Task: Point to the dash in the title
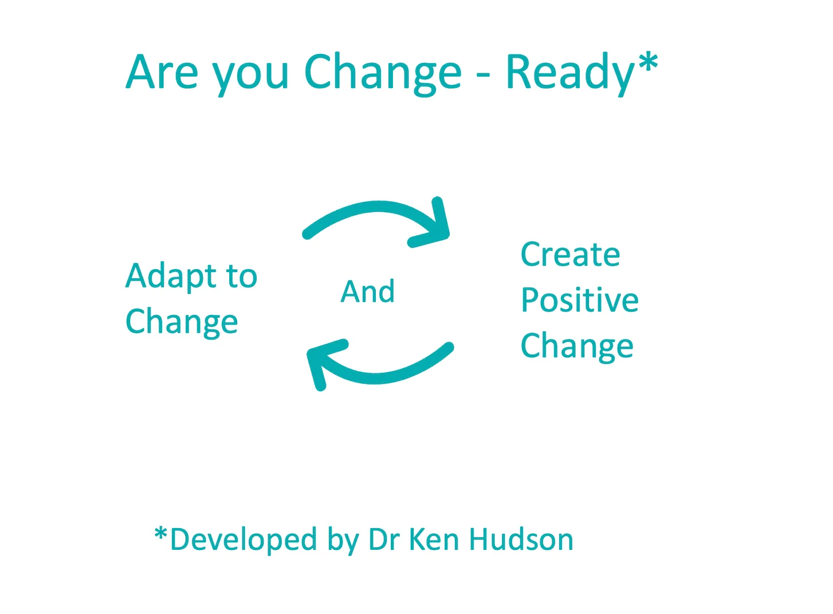(483, 76)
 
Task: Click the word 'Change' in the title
(383, 74)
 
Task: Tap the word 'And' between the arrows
(367, 292)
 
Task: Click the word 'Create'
(571, 255)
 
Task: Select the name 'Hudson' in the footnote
(521, 540)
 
